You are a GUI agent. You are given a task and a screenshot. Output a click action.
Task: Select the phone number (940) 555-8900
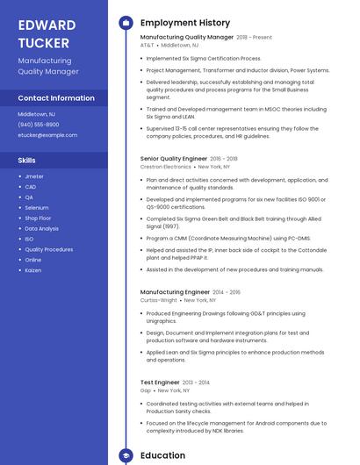click(39, 125)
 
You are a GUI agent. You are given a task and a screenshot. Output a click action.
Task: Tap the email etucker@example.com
click(47, 135)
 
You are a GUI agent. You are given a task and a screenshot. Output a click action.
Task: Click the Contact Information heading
click(56, 98)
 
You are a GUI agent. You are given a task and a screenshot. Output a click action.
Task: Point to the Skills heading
click(27, 161)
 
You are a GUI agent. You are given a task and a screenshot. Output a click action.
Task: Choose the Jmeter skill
click(34, 176)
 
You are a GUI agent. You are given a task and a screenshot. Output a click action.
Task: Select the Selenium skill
click(37, 207)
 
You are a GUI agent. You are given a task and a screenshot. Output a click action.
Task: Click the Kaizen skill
click(33, 269)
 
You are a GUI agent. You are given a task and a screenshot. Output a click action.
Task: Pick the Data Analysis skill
click(42, 228)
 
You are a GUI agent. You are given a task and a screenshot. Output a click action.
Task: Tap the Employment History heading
click(185, 23)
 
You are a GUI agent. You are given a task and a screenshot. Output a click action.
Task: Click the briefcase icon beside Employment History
click(126, 23)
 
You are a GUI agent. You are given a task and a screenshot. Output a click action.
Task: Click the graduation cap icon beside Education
click(126, 455)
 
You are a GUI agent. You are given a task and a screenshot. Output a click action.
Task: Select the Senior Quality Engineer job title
click(173, 159)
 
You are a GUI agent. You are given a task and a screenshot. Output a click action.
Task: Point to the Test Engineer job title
click(160, 383)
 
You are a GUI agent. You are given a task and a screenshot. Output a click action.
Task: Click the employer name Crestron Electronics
click(165, 166)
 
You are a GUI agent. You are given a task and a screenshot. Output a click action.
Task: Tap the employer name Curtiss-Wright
click(159, 299)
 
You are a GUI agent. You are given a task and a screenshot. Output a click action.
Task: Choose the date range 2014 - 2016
click(226, 292)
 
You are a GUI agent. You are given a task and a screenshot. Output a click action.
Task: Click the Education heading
click(162, 455)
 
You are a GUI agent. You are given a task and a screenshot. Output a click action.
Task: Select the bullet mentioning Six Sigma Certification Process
click(204, 58)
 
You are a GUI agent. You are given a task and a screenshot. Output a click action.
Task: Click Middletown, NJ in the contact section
click(37, 114)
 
